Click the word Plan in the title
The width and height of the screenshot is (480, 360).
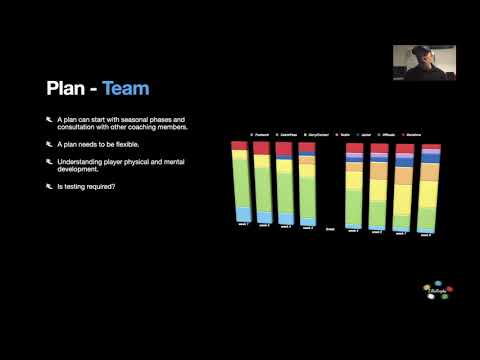click(66, 89)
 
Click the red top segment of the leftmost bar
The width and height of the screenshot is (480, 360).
click(239, 146)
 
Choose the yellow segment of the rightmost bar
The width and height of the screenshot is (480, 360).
click(430, 194)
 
